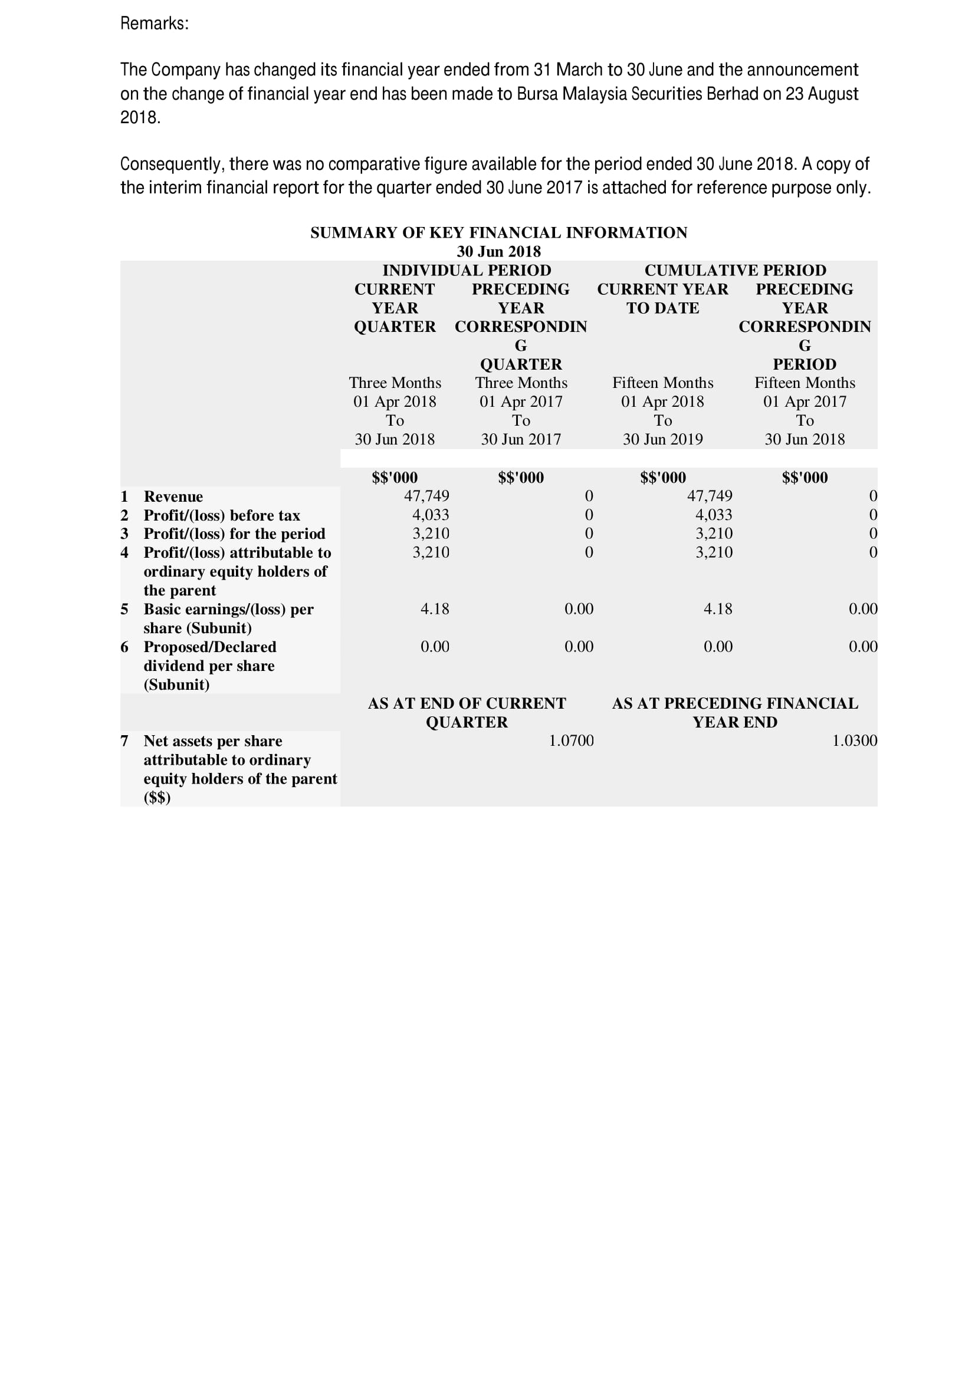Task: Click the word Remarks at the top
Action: (153, 24)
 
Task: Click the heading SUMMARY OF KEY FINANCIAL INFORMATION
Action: (498, 232)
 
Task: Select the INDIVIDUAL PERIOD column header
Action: (466, 270)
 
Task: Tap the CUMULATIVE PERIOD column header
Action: (735, 270)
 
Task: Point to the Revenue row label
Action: (173, 496)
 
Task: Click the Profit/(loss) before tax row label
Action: (222, 515)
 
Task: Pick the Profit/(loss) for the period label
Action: (234, 534)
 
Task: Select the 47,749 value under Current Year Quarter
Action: (426, 496)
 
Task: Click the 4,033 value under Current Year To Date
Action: (714, 515)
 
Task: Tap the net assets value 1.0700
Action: (571, 740)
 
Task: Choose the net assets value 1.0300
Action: (854, 740)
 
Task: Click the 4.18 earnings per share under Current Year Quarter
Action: (434, 609)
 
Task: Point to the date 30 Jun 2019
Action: (662, 440)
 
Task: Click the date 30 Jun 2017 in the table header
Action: (521, 440)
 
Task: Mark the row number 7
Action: (124, 741)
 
